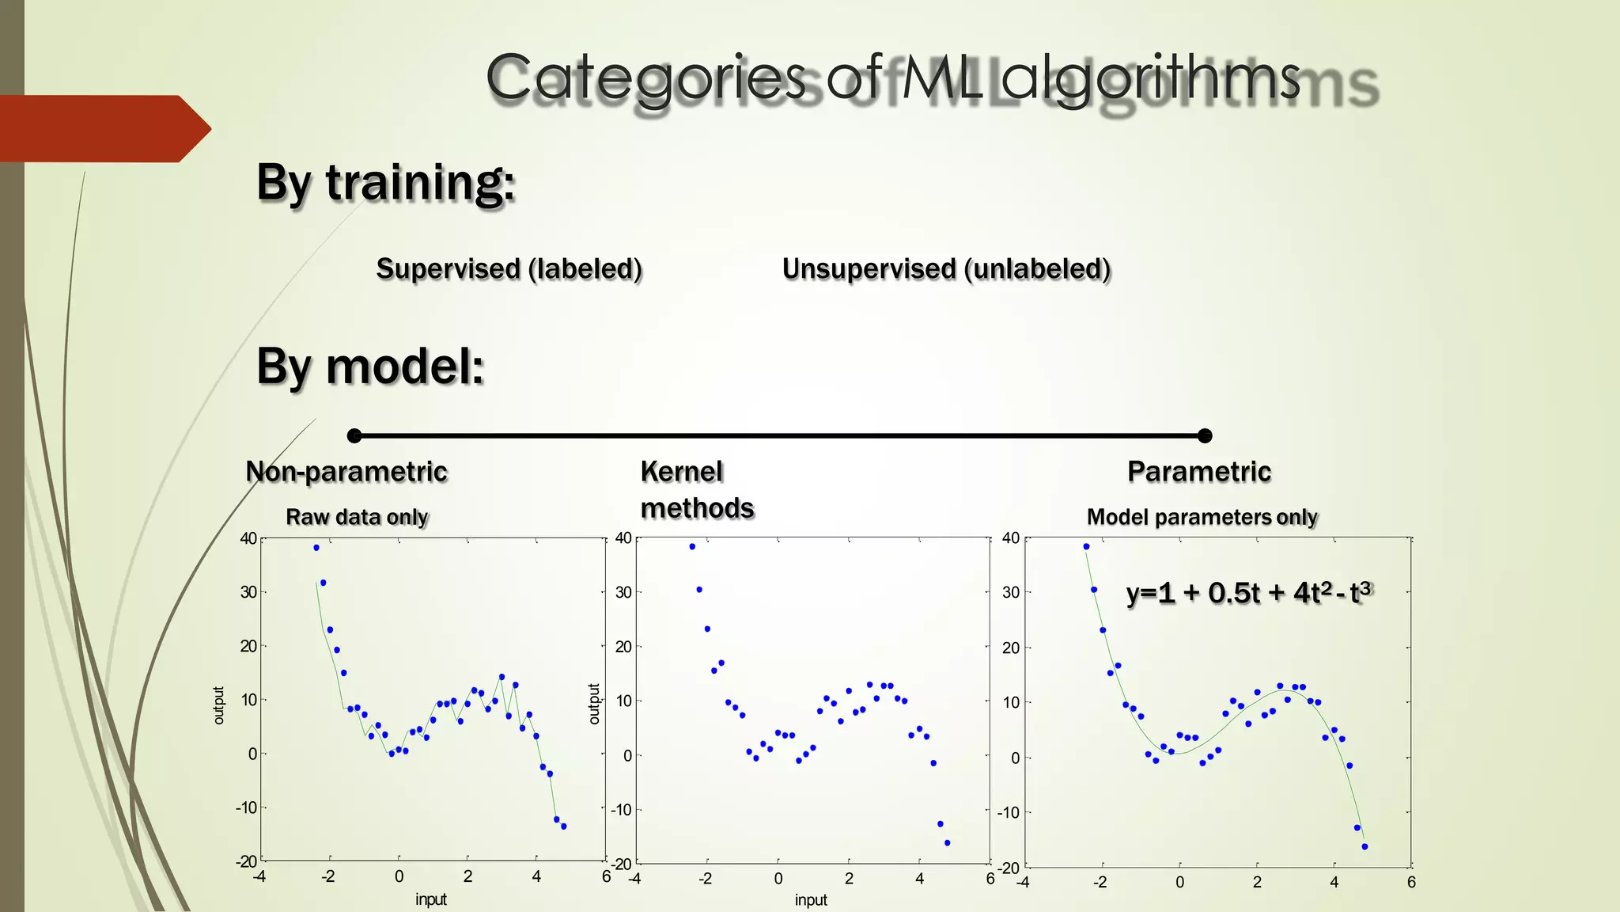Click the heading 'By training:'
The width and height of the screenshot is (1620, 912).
pos(385,183)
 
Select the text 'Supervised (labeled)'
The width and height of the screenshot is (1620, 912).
pos(509,269)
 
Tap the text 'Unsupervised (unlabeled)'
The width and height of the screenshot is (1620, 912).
pos(946,269)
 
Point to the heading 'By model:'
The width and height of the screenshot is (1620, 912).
pos(369,367)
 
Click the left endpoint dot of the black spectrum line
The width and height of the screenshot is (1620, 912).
pos(354,435)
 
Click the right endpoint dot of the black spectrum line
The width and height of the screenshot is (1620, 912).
pos(1205,435)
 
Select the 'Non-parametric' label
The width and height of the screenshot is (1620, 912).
pos(346,472)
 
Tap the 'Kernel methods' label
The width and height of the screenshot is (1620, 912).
pos(697,490)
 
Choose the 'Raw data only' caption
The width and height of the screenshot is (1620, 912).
pos(357,517)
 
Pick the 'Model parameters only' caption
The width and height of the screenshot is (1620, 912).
pos(1202,517)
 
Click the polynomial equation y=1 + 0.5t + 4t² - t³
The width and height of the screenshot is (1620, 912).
pos(1248,592)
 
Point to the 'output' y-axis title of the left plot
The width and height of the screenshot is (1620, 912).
pos(219,705)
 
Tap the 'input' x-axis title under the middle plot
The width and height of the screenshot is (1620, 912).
pos(811,900)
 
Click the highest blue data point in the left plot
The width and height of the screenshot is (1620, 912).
pos(316,548)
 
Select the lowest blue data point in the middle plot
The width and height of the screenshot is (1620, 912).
pos(947,843)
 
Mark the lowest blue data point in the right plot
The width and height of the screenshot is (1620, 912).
pos(1365,847)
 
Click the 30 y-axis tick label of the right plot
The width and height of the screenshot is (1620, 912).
pos(1010,592)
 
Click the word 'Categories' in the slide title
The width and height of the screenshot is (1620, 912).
pos(645,79)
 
